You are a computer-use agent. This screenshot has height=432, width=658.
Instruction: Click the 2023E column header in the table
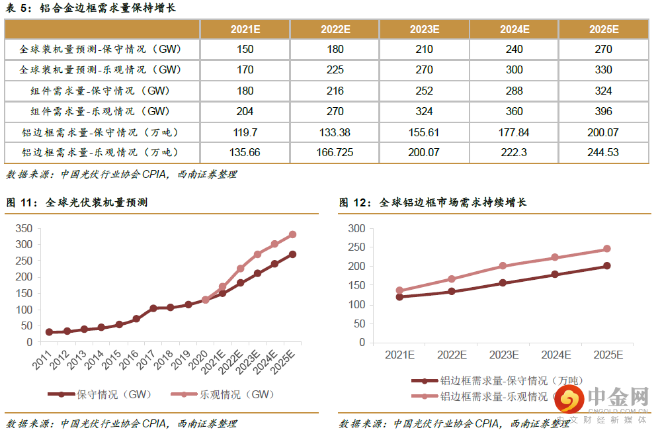424,29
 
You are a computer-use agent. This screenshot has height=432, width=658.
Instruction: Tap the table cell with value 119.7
245,132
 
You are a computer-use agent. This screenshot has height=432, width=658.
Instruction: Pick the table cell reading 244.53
602,152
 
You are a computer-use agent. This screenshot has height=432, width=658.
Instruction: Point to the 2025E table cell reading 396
602,111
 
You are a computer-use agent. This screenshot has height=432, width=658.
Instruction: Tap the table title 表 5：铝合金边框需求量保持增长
91,9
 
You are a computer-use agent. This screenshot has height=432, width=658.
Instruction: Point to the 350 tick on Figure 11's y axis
23,228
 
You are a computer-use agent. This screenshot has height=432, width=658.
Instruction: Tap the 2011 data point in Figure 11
49,332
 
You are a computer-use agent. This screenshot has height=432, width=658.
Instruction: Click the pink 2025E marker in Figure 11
292,234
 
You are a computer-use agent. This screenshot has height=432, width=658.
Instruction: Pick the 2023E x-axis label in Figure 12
503,355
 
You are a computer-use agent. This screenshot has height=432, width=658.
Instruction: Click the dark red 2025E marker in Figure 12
606,266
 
